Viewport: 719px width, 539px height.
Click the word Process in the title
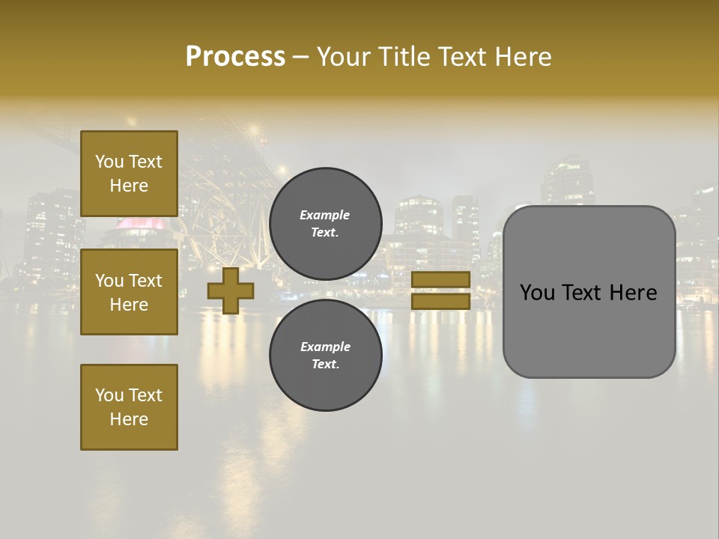[235, 56]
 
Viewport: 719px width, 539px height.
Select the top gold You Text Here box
[129, 174]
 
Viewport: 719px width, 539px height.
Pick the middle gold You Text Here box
[129, 292]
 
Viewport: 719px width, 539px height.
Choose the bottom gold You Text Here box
[129, 407]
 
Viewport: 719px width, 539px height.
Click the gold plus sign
[231, 291]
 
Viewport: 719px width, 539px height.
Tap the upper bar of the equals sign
[440, 280]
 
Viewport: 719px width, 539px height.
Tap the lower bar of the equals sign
[440, 301]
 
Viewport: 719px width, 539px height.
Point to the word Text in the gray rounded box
[588, 293]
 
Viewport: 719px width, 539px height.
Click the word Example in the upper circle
[325, 215]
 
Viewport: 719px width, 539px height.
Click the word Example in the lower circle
[325, 347]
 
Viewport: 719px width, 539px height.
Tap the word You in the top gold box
[109, 162]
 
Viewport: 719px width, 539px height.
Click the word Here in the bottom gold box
[129, 419]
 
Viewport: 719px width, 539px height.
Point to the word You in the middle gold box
[109, 281]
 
